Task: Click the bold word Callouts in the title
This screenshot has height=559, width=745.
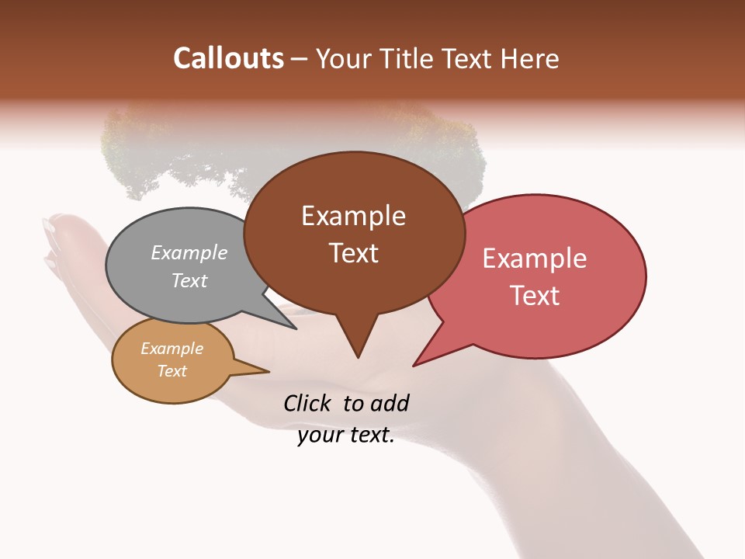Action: (x=228, y=58)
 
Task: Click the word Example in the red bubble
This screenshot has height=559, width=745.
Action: (x=535, y=259)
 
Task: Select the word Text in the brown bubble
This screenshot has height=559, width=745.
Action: (x=353, y=253)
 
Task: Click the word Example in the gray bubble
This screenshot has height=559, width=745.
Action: (x=189, y=252)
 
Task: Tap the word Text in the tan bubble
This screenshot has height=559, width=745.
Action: (x=172, y=371)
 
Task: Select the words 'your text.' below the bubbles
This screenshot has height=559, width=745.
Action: (x=346, y=436)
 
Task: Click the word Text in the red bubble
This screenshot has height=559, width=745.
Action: (x=535, y=296)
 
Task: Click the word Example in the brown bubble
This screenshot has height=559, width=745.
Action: (x=353, y=216)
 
